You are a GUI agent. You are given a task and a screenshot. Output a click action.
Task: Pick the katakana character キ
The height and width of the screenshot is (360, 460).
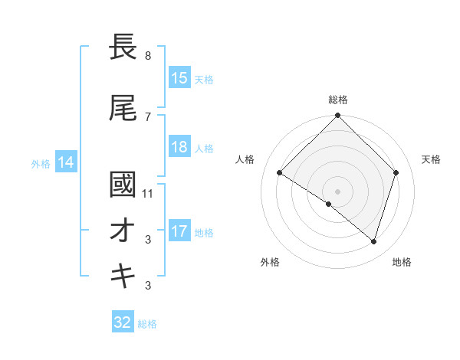pos(123,275)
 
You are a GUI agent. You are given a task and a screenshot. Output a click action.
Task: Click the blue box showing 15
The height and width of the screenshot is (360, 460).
pos(179,78)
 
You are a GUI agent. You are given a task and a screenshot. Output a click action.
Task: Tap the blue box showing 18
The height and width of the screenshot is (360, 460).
pos(179,148)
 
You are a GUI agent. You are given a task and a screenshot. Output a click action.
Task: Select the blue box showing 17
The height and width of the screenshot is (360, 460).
pos(179,231)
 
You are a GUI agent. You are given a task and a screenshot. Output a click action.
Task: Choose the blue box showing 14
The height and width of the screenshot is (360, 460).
pos(65,162)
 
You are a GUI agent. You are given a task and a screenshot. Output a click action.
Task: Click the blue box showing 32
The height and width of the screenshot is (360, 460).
pos(123,322)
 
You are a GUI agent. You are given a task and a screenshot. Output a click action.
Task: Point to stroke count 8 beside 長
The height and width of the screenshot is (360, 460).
pos(147,56)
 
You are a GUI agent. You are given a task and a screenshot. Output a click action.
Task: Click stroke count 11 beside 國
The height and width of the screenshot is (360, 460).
pos(149,194)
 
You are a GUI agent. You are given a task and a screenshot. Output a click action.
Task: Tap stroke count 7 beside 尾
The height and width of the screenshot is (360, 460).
pos(147,116)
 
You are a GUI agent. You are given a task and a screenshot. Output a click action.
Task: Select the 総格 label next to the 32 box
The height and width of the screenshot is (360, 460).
pos(147,324)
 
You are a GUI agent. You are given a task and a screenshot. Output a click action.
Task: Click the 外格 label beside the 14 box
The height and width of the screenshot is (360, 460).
pos(41,163)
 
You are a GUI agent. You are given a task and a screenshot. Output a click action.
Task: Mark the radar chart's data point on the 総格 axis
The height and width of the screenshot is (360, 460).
pos(337,116)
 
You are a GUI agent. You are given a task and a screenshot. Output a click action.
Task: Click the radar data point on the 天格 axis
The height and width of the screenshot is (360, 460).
pos(396,172)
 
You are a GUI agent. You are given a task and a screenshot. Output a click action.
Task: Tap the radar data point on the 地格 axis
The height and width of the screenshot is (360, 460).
pos(373,241)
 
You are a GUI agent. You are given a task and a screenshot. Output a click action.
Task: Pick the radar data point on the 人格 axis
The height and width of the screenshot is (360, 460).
pos(280,173)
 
